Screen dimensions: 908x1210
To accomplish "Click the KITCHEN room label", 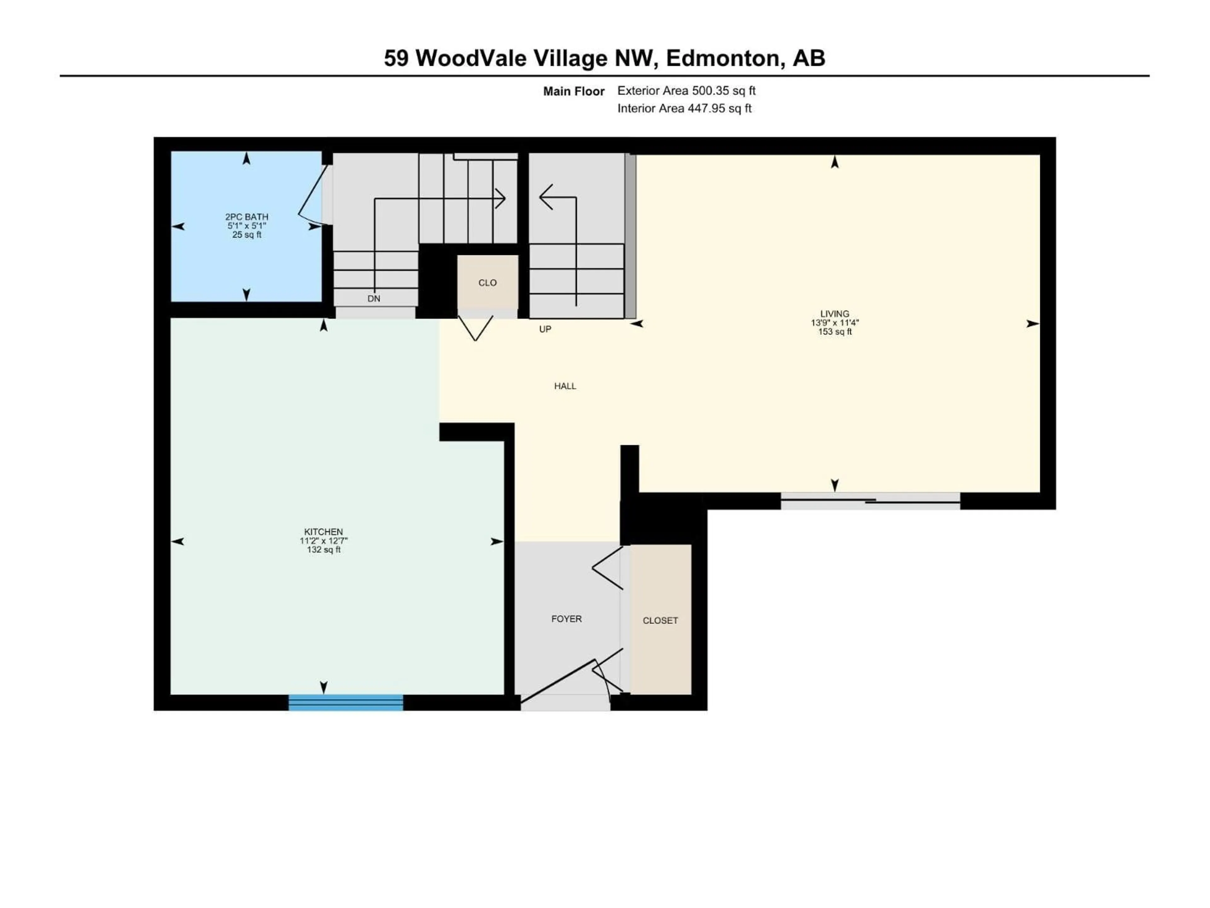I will point(323,532).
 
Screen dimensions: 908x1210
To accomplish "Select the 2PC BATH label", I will point(247,217).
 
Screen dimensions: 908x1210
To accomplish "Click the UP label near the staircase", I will point(545,329).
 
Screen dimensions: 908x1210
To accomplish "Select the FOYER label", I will point(566,619).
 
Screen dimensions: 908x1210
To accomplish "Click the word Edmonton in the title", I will point(723,58).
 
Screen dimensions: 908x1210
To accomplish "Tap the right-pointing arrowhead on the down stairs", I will point(500,198).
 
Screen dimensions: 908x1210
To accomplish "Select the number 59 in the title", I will point(396,58).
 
